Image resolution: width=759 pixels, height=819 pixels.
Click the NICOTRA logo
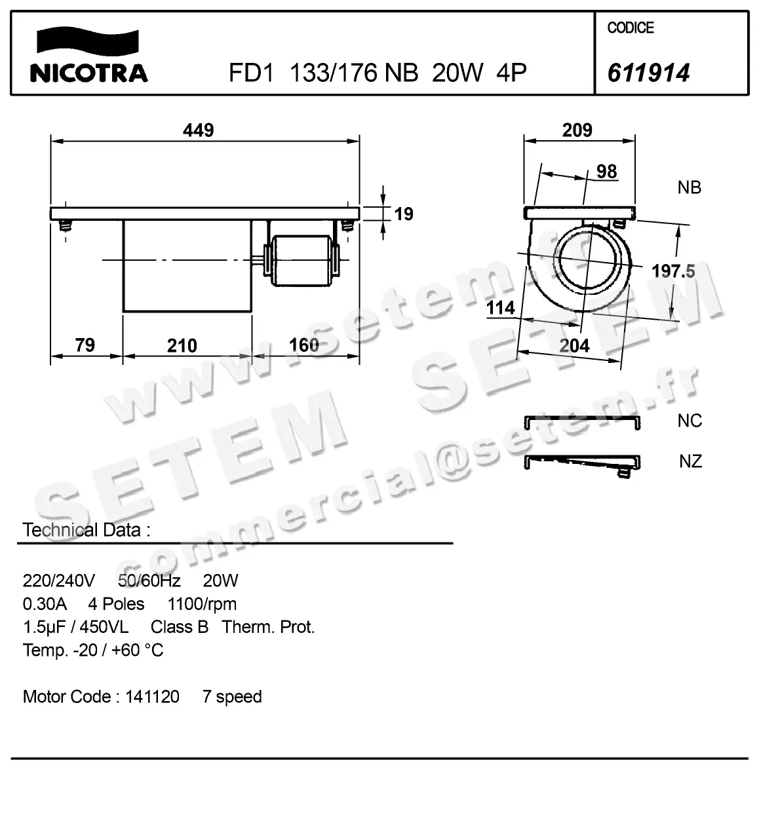coord(88,56)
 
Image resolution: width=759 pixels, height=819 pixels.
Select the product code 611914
coord(648,73)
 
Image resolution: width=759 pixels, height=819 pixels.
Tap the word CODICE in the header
coord(631,28)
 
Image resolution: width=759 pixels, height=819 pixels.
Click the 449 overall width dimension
coord(198,130)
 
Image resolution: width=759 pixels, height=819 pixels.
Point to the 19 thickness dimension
coord(404,214)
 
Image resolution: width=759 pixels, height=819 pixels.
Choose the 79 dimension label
coord(85,345)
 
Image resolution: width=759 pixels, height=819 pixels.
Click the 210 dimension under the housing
coord(182,345)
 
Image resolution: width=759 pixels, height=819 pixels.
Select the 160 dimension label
coord(303,345)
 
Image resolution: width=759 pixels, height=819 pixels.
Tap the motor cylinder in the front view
coord(301,260)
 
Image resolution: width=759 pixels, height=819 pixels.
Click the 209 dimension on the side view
coord(577,130)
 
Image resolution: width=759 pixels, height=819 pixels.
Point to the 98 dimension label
coord(606,172)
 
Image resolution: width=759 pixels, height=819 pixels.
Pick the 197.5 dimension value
coord(673,271)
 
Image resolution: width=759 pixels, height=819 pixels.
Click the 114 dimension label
coord(501,307)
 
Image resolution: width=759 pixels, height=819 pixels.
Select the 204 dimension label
coord(574,345)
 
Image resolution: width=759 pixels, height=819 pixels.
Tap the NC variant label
coord(690,421)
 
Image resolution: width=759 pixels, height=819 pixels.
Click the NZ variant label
coord(690,461)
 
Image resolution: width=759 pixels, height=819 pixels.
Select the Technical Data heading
coord(86,530)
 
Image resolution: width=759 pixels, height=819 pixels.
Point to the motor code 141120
coord(152,696)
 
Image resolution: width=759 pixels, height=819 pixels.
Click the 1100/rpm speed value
coord(202,604)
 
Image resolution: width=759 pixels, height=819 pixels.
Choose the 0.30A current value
coord(45,604)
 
